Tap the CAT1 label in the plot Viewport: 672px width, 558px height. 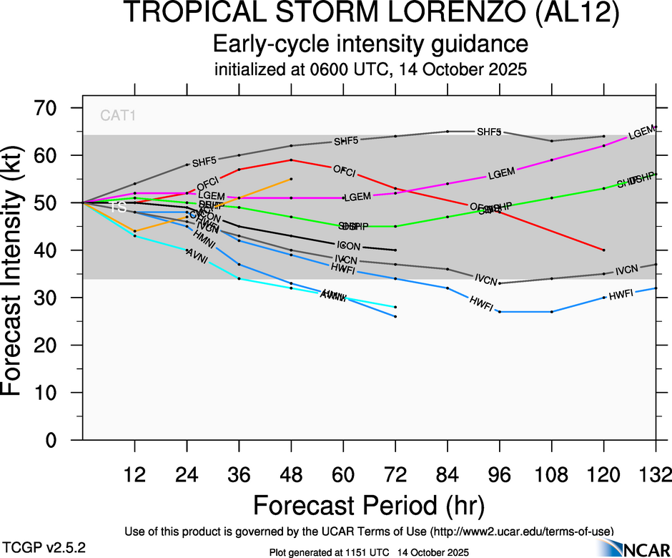click(x=118, y=115)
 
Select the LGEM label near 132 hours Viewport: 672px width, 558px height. click(x=641, y=132)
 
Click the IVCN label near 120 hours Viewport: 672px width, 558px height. click(x=626, y=270)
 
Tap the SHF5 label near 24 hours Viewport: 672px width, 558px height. click(x=204, y=162)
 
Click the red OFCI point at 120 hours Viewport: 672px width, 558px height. click(x=604, y=250)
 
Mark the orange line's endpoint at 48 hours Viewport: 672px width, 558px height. click(x=291, y=179)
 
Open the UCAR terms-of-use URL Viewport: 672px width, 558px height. click(x=521, y=531)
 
